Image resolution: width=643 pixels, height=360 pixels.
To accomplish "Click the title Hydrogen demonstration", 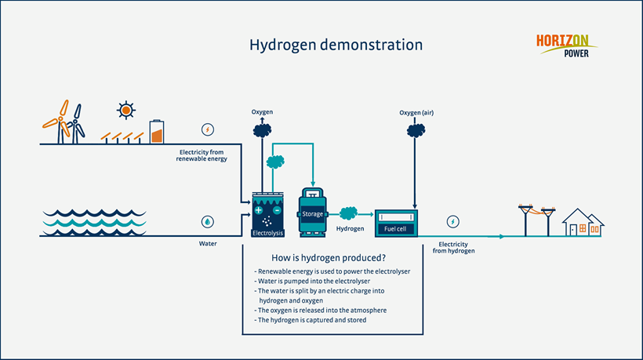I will tap(336, 45).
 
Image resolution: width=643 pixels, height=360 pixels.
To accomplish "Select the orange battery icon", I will tap(158, 131).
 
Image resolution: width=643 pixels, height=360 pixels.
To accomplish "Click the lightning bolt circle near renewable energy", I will tap(207, 129).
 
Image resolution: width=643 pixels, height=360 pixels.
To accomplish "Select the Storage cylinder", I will tap(312, 213).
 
